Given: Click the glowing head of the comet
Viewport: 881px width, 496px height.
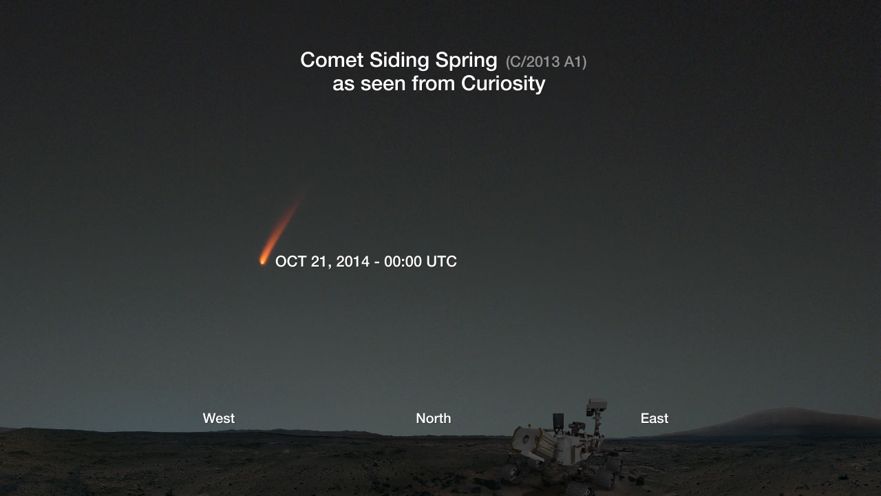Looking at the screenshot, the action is (262, 260).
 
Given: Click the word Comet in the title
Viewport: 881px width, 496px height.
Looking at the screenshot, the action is (332, 60).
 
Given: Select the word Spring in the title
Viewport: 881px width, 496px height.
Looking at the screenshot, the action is (466, 61).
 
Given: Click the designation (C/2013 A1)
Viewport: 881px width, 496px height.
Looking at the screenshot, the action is (546, 62).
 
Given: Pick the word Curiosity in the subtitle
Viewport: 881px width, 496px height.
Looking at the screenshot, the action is (503, 84).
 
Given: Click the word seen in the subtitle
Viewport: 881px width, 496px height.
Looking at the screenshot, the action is (383, 84).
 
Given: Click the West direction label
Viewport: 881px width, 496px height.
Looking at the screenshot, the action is (219, 418).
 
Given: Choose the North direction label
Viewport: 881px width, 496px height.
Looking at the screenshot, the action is (434, 418).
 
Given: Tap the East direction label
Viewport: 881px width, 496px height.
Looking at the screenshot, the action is (655, 418).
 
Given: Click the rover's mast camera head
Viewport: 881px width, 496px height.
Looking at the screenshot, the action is (597, 407).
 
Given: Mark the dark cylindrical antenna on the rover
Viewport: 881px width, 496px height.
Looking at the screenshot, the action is (558, 422).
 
